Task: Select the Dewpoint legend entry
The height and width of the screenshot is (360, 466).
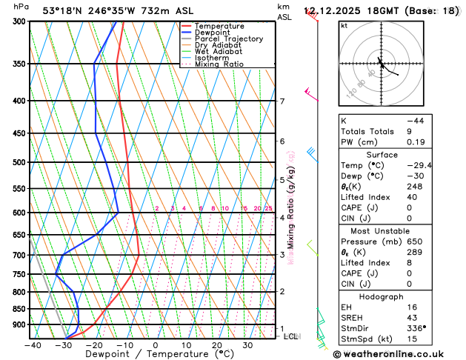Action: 216,33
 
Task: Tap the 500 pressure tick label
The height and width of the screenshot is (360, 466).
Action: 19,162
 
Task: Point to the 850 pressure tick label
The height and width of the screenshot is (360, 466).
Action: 19,309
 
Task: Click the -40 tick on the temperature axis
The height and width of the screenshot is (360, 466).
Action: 32,345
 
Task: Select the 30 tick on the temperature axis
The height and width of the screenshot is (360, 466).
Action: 247,345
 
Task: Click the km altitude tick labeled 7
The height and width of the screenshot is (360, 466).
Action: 282,101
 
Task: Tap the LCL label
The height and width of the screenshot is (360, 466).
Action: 291,336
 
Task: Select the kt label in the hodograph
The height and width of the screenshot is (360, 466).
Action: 344,26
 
